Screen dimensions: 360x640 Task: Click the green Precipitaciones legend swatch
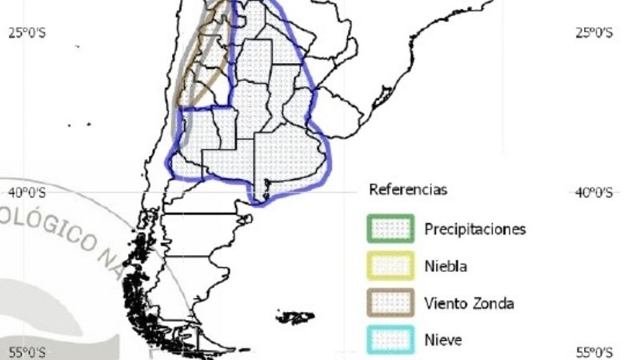click(x=390, y=228)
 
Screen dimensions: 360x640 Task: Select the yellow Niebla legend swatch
click(x=390, y=266)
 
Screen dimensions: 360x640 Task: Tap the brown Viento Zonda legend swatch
click(x=390, y=303)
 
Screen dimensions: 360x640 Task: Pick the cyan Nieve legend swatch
click(x=390, y=340)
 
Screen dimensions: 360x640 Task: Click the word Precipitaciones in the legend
click(x=474, y=229)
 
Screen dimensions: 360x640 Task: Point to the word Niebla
click(x=445, y=266)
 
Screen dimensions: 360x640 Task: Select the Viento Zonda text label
click(x=468, y=303)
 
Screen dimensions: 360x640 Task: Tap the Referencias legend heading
click(x=408, y=190)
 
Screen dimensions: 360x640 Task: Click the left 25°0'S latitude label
click(x=28, y=33)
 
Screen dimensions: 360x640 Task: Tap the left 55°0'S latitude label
click(x=28, y=352)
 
